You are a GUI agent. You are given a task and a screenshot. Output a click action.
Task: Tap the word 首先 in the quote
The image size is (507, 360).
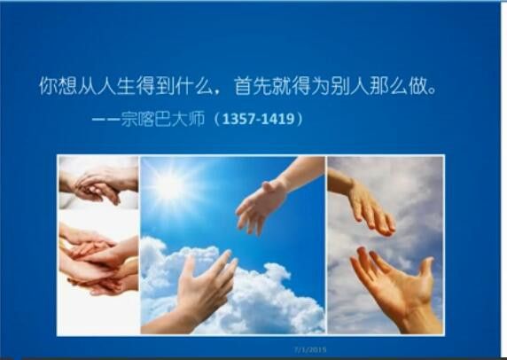pos(253,86)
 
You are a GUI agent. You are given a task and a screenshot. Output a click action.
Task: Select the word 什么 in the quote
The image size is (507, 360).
pos(194,86)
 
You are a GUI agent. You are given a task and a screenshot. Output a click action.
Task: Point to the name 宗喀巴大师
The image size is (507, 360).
pos(162,119)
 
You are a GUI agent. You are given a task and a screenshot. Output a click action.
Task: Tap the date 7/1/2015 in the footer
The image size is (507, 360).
pos(310,349)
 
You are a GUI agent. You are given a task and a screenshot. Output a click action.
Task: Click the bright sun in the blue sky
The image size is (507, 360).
pos(170,185)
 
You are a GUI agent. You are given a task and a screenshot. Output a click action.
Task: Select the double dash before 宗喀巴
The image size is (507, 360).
pos(105,119)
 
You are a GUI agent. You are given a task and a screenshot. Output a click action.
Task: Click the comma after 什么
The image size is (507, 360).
pos(219,92)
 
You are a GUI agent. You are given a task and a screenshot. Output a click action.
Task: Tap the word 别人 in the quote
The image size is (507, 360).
pos(349,86)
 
